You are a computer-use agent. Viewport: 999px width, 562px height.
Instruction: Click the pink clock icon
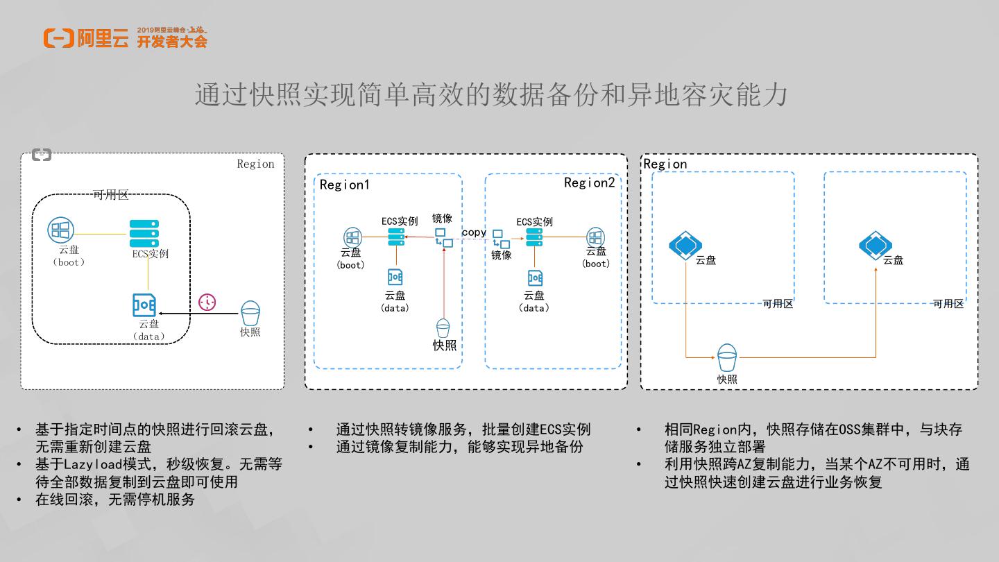tap(207, 303)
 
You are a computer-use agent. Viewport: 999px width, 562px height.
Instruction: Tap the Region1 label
tap(344, 185)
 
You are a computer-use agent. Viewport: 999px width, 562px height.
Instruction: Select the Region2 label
tap(589, 183)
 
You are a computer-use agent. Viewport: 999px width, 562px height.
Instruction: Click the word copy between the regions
tap(474, 232)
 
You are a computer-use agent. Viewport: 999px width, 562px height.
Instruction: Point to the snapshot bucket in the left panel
tap(250, 313)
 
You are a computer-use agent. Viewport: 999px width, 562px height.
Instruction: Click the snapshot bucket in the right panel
tap(727, 358)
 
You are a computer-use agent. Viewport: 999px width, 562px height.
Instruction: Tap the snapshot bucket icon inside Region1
tap(443, 328)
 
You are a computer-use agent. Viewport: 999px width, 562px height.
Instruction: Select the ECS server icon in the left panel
tap(144, 234)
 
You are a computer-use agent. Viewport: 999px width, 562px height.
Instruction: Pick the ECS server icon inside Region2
tap(534, 237)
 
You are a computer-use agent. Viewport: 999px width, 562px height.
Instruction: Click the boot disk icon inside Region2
tap(596, 237)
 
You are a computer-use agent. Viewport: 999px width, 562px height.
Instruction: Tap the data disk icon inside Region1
tap(395, 277)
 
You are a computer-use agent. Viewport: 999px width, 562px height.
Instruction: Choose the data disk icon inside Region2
tap(535, 278)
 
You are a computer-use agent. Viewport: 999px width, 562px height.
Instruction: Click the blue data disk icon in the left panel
tap(144, 305)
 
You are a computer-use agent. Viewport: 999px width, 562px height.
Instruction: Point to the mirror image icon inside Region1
tap(443, 237)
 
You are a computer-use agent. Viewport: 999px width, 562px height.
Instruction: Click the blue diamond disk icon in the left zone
tap(685, 245)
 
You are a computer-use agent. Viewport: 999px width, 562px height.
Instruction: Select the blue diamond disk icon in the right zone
tap(875, 245)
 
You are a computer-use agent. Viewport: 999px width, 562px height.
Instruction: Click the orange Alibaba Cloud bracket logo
tap(58, 38)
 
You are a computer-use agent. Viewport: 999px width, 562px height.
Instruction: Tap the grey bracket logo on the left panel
tap(42, 155)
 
